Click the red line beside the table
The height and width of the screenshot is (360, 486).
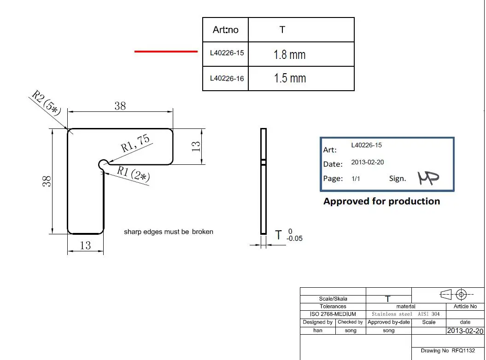click(166, 52)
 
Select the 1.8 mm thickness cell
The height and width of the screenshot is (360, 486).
click(289, 55)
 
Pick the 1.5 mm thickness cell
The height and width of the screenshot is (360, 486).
click(289, 78)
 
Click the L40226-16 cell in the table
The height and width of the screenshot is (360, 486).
click(227, 78)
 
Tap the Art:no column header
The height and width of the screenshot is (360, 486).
click(225, 30)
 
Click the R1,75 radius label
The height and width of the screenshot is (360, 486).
click(135, 143)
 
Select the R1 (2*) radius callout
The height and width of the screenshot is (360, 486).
click(133, 174)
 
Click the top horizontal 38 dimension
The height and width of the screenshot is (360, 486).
click(120, 106)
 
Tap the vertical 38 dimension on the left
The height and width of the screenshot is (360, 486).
click(47, 182)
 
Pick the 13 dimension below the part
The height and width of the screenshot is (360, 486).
click(86, 246)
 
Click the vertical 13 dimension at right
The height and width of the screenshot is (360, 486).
click(197, 146)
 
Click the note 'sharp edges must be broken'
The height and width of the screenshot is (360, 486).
click(169, 232)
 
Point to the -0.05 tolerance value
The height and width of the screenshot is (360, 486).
click(294, 238)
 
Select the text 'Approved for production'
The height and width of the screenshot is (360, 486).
click(381, 201)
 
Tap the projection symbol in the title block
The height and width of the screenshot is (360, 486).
click(454, 294)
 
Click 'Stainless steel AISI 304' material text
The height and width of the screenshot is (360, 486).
click(405, 314)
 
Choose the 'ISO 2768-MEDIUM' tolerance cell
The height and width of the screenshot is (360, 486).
click(333, 314)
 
